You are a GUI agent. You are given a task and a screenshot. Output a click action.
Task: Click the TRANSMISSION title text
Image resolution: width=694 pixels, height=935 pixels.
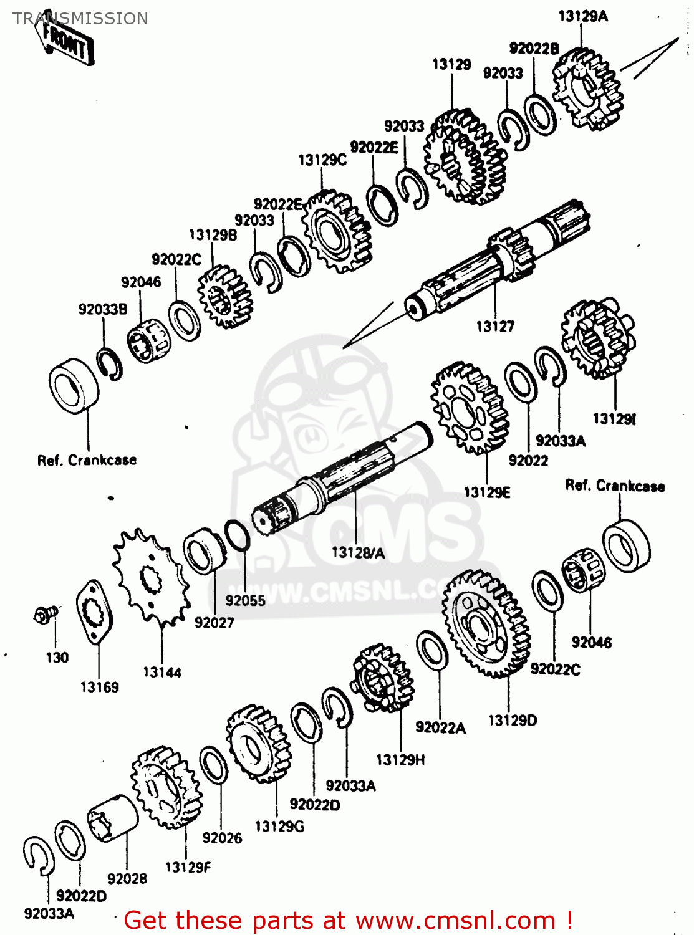coord(80,19)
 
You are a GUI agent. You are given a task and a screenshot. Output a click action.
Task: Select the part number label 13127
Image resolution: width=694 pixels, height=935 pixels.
coord(494,327)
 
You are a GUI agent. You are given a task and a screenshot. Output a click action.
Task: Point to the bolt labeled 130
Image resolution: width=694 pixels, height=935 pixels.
coord(45,615)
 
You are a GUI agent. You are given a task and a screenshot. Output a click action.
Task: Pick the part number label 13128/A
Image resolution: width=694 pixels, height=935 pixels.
coord(358,553)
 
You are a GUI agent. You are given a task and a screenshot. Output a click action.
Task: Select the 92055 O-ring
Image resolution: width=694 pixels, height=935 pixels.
coord(237,535)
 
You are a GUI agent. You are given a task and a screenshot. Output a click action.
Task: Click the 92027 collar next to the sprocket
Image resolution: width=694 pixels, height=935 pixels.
coord(205,551)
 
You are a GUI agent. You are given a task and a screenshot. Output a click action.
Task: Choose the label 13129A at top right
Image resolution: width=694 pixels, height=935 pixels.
coord(582,16)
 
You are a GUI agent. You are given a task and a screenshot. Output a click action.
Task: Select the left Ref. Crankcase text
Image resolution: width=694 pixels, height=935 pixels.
coord(87,461)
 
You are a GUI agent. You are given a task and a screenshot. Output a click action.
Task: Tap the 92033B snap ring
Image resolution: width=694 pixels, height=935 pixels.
coord(110,364)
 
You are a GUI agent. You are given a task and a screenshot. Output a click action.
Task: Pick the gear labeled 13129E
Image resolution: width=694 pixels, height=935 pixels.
coord(469,408)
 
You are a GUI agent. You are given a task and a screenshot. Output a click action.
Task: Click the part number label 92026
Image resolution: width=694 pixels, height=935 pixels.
coord(222,838)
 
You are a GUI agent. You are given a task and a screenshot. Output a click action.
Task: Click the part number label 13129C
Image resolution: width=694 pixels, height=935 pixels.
coord(322,160)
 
